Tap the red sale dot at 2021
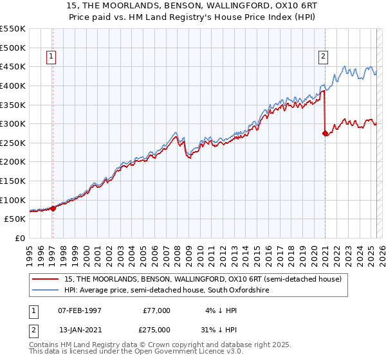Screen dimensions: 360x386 [x=325, y=134]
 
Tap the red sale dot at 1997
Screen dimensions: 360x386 [x=53, y=208]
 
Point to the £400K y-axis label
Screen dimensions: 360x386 [x=13, y=85]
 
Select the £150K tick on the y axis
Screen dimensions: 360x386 [x=13, y=181]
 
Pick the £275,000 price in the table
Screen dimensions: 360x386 [x=154, y=330]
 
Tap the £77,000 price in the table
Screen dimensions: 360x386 [x=156, y=310]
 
